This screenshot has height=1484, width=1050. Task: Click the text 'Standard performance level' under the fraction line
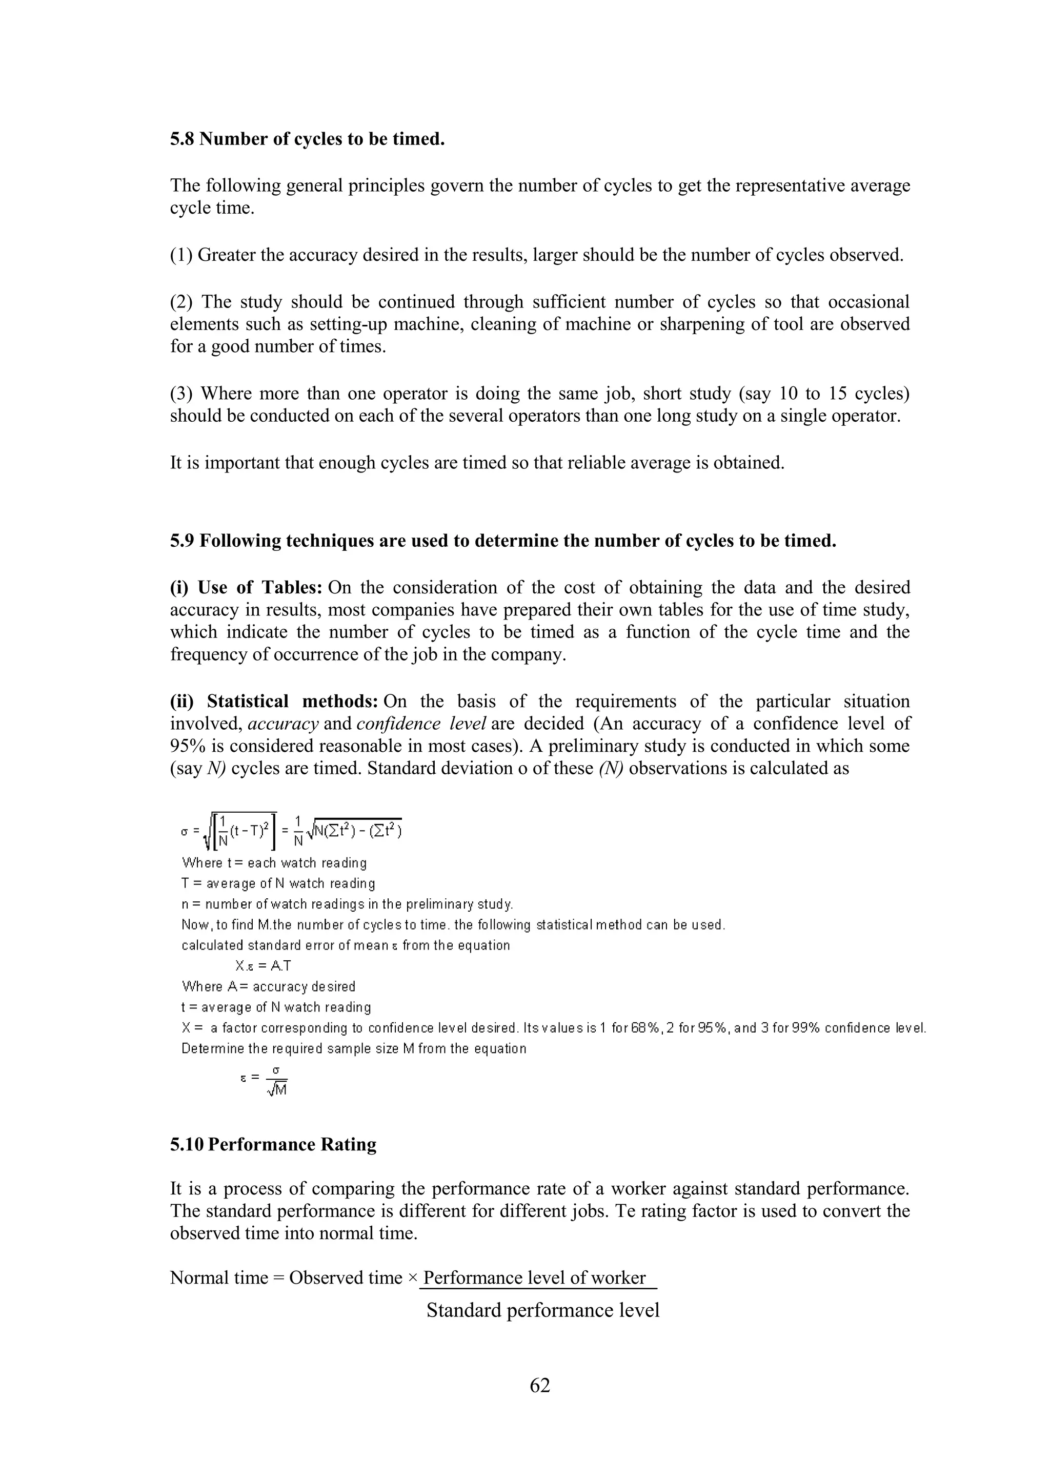coord(542,1310)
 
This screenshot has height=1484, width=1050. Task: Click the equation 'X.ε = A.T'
coord(264,965)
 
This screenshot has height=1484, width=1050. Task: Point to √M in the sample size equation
coord(277,1090)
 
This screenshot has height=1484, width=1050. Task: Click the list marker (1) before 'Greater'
coord(181,255)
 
